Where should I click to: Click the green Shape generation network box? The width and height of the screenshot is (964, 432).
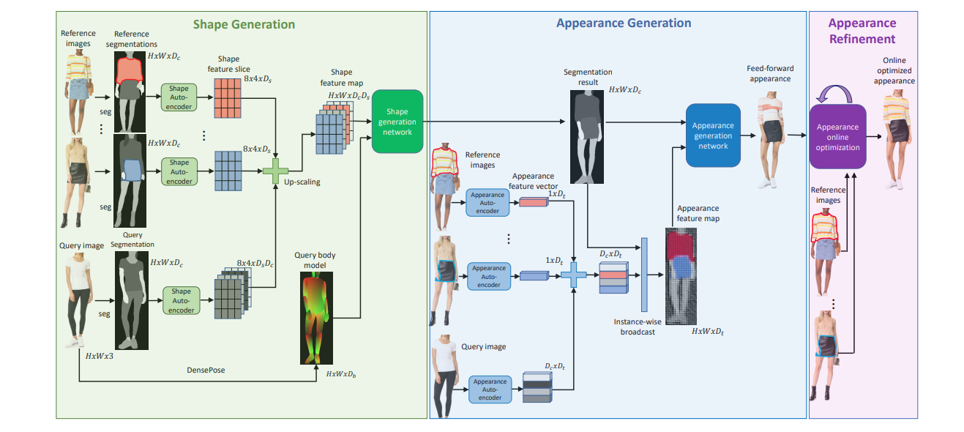click(397, 122)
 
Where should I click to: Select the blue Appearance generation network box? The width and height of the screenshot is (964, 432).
click(712, 135)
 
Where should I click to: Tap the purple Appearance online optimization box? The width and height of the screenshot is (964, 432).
click(837, 138)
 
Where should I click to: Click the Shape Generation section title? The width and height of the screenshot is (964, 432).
click(244, 25)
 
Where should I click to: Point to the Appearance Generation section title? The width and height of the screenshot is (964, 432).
click(624, 23)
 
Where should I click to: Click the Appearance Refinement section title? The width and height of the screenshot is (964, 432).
click(862, 31)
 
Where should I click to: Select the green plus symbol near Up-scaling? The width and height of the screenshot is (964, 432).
click(276, 171)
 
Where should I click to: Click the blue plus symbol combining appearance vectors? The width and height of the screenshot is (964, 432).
click(574, 276)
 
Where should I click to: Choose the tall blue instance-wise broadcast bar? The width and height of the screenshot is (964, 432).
click(645, 275)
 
